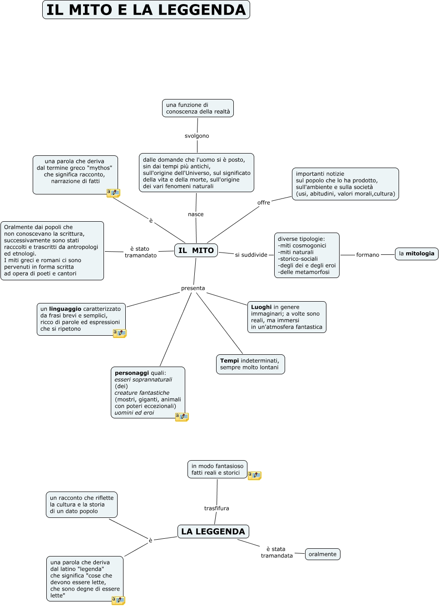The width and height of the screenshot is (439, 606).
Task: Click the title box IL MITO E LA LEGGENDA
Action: (146, 10)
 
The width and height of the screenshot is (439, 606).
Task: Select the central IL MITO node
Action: (196, 250)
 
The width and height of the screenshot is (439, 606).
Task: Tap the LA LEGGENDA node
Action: (213, 531)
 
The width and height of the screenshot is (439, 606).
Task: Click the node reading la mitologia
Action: (416, 254)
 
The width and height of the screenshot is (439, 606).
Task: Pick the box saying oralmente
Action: (322, 554)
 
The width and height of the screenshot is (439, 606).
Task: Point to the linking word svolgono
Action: (197, 136)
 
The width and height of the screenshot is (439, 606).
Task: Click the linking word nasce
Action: (196, 214)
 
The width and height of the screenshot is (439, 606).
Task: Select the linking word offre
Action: (264, 203)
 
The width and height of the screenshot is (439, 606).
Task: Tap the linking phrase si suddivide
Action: (251, 255)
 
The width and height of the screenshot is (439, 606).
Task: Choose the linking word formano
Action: (368, 255)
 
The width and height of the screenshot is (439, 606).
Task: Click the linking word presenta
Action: (193, 288)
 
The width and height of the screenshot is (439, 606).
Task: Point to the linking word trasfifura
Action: (217, 508)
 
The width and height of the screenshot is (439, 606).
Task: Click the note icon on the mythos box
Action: (113, 193)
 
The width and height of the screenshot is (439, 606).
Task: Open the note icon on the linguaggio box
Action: (119, 333)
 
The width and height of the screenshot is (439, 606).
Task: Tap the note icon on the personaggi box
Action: (182, 417)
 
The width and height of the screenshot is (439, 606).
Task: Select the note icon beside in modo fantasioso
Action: (254, 475)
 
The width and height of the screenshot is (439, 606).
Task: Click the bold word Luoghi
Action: (261, 307)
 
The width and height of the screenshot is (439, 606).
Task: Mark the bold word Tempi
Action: (229, 361)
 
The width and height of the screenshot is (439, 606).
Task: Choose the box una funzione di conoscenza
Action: (198, 108)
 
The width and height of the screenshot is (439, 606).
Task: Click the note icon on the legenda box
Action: (118, 600)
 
